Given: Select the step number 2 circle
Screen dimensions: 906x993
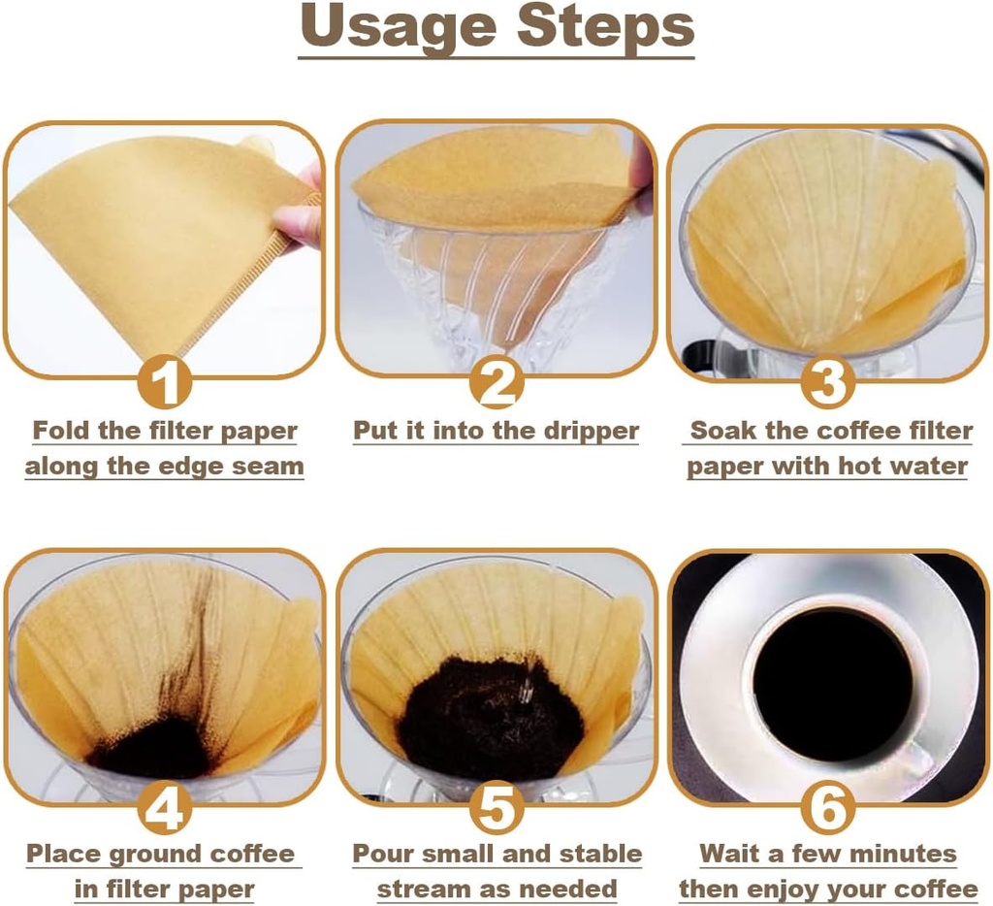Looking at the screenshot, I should tap(496, 383).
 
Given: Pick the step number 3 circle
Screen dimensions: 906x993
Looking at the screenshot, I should tap(828, 383).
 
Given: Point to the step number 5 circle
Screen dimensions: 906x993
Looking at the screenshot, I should tap(496, 807).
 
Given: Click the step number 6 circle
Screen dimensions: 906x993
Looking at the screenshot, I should tap(828, 807).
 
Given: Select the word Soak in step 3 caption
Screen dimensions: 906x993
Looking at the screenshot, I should tap(722, 430).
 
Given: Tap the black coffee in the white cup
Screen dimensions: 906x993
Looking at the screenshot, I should tap(832, 683).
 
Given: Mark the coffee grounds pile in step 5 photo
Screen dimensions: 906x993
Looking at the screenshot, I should tap(490, 718).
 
